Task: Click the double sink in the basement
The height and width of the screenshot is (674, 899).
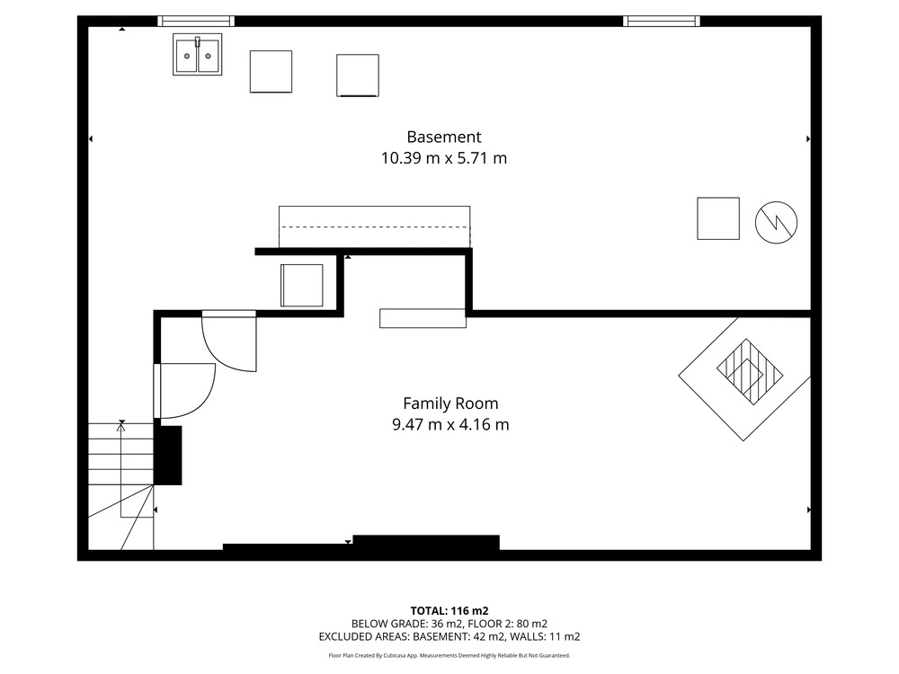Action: point(197,55)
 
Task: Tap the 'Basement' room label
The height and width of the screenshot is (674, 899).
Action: point(444,137)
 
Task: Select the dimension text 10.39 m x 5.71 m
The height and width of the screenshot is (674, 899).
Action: point(444,158)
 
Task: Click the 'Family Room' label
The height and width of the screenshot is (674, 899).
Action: point(450,404)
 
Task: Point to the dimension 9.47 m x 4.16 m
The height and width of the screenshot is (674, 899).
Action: point(450,425)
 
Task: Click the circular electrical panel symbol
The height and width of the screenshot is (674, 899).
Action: point(777,222)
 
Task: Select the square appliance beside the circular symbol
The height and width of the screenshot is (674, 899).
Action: point(718,218)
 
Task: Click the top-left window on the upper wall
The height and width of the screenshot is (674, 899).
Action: point(196,22)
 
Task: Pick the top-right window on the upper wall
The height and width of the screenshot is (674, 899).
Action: point(662,22)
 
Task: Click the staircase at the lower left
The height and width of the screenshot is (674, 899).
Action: point(121,486)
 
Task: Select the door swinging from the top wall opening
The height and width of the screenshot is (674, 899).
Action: point(229,341)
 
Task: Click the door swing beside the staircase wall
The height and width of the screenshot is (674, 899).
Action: point(184,391)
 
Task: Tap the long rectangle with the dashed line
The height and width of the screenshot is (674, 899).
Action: point(374,227)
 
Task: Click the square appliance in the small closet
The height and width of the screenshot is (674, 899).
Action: point(301,286)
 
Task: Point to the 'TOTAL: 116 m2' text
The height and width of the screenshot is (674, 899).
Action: point(449,611)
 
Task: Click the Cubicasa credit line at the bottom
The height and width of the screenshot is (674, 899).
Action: point(449,655)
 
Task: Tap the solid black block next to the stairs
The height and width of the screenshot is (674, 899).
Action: point(168,456)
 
